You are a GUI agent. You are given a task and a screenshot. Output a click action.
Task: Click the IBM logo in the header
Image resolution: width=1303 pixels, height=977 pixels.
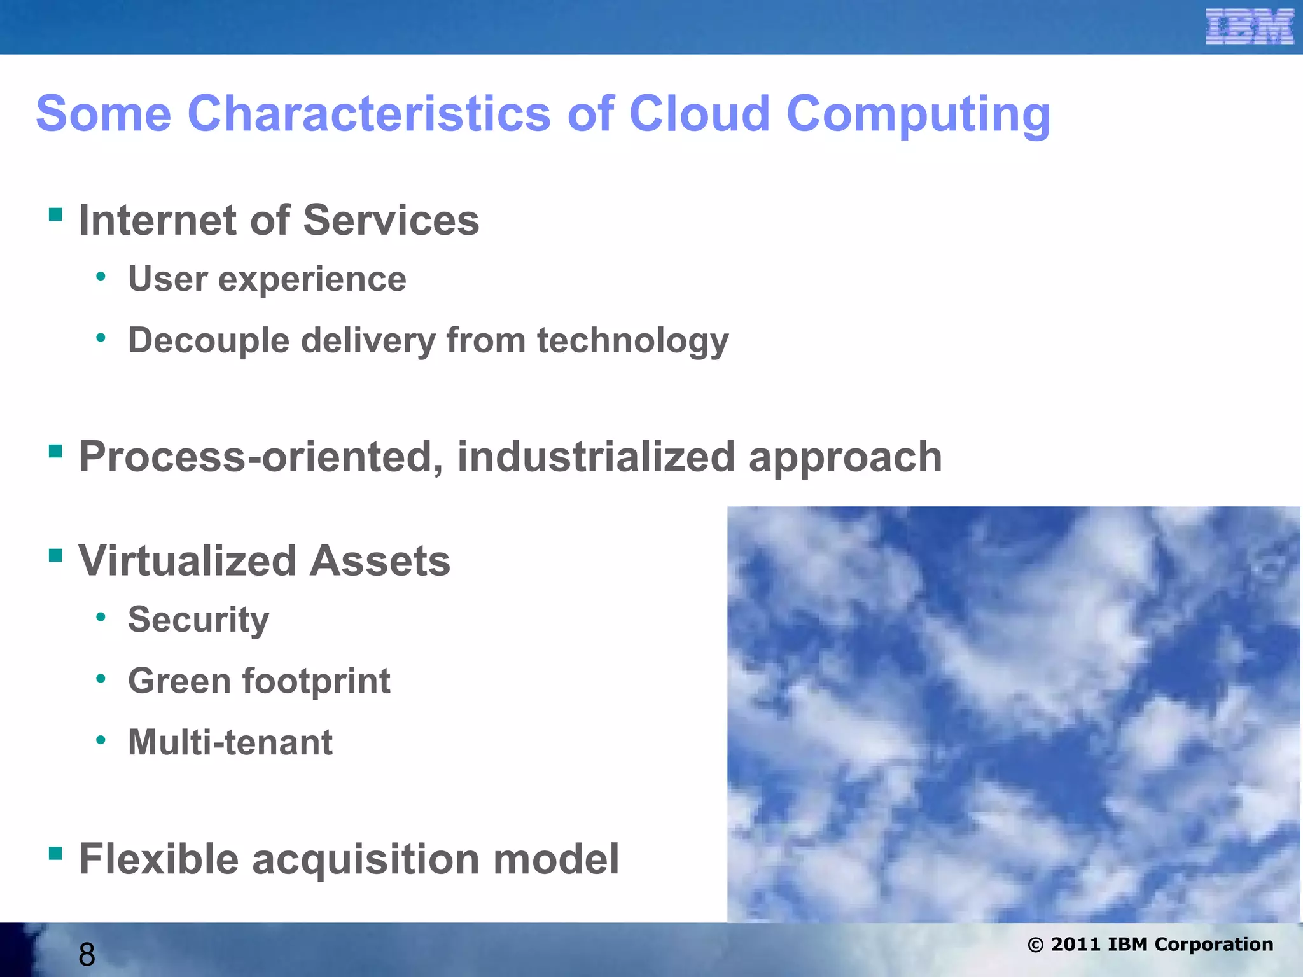point(1249,27)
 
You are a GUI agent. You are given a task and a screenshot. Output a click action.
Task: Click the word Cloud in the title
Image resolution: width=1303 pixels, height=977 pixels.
point(699,113)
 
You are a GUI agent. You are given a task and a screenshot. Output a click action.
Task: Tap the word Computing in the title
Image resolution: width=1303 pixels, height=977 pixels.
point(918,114)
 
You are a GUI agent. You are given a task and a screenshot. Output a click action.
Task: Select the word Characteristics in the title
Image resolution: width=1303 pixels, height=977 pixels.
point(369,113)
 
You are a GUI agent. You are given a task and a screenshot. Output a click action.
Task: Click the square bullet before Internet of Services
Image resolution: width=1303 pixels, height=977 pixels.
point(55,214)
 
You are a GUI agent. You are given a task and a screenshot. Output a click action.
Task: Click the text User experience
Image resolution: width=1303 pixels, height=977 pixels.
point(267,279)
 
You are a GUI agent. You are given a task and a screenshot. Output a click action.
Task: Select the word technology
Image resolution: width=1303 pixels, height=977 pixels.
point(632,341)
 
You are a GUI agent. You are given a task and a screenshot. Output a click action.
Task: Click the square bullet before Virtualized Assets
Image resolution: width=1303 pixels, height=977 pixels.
point(55,556)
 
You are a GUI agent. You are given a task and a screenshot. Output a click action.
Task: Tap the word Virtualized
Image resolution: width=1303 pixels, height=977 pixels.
point(188,561)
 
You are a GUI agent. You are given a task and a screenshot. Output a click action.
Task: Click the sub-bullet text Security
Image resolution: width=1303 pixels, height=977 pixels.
point(198,620)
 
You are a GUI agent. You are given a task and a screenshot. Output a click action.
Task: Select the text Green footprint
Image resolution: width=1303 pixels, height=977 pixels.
point(259,681)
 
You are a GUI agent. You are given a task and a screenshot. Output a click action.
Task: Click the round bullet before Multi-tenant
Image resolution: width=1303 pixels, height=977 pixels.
point(101,740)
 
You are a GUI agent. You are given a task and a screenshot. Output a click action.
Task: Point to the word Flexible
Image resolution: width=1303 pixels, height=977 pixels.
point(158,859)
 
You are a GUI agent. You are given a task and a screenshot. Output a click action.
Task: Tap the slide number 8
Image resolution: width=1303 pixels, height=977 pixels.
point(87,955)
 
